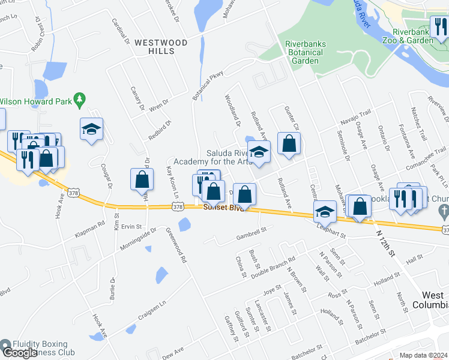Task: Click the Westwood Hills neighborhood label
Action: click(161, 47)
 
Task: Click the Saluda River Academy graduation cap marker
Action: click(259, 152)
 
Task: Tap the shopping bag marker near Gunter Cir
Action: click(289, 144)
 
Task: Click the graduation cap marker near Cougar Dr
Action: click(91, 129)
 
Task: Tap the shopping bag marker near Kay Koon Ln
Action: click(142, 179)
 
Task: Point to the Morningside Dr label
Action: click(137, 239)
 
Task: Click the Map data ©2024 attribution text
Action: click(424, 355)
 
